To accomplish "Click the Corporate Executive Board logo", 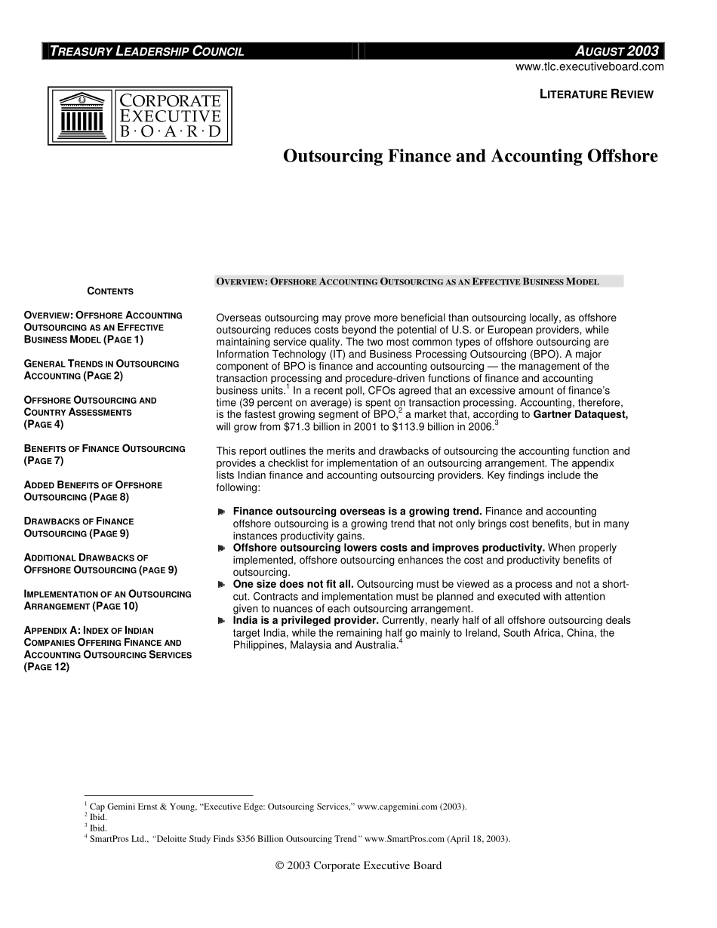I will [x=140, y=115].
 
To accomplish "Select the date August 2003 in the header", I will [x=617, y=51].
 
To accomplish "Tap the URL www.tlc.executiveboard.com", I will [x=589, y=66].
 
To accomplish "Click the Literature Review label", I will [x=596, y=94].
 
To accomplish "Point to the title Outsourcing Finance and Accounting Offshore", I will [x=470, y=156].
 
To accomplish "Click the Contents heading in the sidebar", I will [x=110, y=291].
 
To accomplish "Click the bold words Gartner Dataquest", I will [x=580, y=414].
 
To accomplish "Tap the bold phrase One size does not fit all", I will [x=293, y=585].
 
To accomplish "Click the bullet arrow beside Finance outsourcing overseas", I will [x=222, y=512].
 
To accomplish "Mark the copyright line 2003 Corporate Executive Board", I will [x=358, y=865].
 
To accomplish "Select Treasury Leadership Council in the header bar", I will [x=146, y=51].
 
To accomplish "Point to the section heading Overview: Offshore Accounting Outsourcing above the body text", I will [x=408, y=282].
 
